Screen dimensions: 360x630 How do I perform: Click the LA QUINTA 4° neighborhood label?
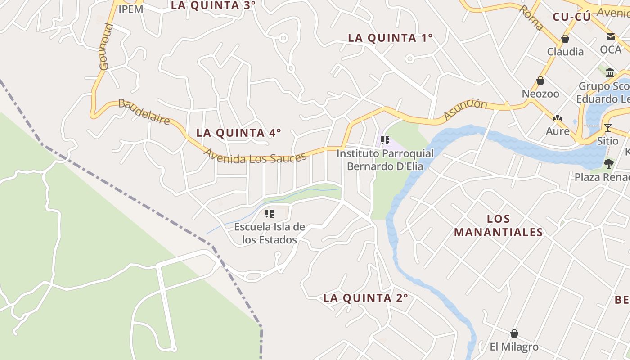(x=238, y=133)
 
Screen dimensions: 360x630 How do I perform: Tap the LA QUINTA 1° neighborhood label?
(x=390, y=38)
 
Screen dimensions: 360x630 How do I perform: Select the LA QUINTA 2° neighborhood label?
(x=365, y=298)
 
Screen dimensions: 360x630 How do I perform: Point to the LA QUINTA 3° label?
(x=213, y=5)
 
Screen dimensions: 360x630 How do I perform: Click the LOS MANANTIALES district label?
(x=499, y=225)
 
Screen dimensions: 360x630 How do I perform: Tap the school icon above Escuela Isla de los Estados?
(x=270, y=214)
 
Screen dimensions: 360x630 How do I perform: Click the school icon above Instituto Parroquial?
(x=385, y=140)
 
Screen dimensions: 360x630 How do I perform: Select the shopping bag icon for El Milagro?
(x=514, y=334)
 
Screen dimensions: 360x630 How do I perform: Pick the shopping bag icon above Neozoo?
(x=540, y=81)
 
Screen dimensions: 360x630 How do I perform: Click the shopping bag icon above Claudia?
(x=565, y=39)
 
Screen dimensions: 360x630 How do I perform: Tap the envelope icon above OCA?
(x=611, y=37)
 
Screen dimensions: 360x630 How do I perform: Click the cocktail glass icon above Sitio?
(x=608, y=128)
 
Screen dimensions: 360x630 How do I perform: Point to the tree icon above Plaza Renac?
(x=609, y=163)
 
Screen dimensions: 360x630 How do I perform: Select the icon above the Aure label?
(x=558, y=118)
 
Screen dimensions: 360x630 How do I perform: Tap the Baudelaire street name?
(x=144, y=112)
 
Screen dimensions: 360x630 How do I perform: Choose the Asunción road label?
(x=465, y=109)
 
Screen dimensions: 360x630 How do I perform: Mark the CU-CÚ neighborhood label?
(x=571, y=17)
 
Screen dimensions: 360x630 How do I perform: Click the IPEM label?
(x=130, y=9)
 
